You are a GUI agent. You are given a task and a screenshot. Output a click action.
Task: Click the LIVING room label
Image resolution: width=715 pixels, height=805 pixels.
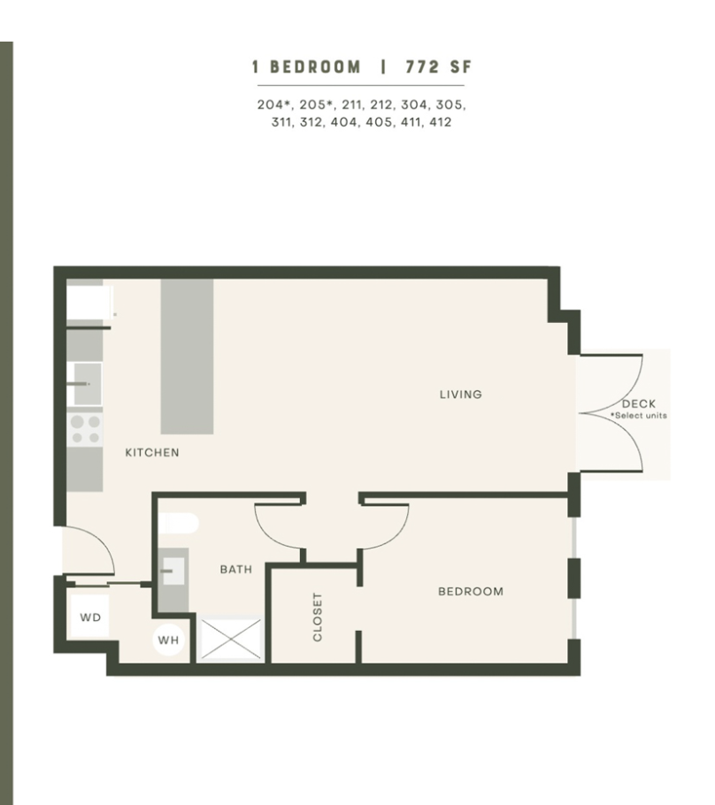click(461, 395)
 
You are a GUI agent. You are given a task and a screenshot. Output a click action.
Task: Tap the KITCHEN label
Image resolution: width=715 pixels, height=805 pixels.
click(152, 452)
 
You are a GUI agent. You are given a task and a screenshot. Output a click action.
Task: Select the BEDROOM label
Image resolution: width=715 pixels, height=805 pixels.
click(471, 592)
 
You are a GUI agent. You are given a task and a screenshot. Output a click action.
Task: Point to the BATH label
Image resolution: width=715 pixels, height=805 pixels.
click(235, 570)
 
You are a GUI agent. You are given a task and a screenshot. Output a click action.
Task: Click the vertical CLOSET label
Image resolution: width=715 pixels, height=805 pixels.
click(318, 617)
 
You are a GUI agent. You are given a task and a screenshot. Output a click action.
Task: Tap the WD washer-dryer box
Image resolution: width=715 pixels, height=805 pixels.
click(90, 617)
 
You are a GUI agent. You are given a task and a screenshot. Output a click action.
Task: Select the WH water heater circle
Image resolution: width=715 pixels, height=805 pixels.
click(168, 640)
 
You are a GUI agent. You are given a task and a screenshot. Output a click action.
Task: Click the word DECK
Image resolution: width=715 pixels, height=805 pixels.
click(639, 404)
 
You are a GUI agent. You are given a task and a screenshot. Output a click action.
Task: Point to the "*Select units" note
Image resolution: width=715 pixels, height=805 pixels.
click(639, 416)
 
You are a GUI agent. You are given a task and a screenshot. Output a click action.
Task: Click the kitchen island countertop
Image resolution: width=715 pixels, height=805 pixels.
click(187, 356)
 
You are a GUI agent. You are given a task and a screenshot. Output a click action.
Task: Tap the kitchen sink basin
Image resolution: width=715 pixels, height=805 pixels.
click(88, 384)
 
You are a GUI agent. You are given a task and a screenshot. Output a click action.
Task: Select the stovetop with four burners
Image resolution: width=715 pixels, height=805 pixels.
click(85, 430)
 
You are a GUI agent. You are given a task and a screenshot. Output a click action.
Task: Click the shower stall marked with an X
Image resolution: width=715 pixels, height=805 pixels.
click(231, 640)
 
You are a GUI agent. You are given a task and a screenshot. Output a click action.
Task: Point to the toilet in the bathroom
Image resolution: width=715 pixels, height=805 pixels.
click(178, 524)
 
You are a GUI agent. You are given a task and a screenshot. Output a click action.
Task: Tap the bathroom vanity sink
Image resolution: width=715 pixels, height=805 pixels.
click(173, 571)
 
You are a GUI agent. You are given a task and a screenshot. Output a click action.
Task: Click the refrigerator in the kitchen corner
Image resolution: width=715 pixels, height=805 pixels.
click(89, 303)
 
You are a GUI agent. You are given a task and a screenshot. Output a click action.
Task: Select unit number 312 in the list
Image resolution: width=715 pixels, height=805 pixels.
click(311, 122)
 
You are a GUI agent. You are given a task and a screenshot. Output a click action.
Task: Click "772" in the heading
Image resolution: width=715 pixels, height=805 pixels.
click(422, 66)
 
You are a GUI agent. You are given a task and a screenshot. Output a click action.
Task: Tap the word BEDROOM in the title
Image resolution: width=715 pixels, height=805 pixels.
click(315, 66)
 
